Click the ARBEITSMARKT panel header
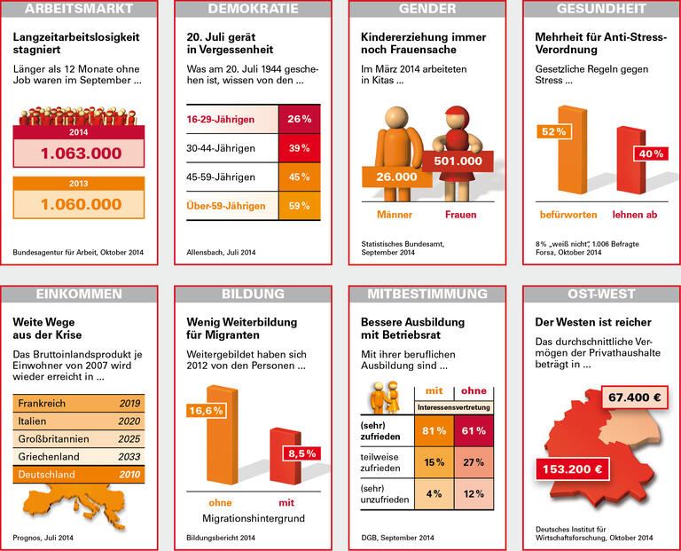(79, 10)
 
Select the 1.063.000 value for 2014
(80, 153)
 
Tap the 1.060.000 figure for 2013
(80, 204)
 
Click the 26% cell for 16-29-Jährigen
(298, 119)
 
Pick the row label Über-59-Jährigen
(226, 206)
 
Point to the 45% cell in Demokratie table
(298, 177)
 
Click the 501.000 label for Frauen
(458, 161)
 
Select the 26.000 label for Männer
(395, 177)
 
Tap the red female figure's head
(458, 118)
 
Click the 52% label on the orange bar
(552, 131)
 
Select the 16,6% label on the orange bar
(205, 410)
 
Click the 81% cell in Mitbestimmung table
(434, 431)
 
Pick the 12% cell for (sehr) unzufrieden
(473, 493)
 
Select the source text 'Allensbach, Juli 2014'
(221, 253)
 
